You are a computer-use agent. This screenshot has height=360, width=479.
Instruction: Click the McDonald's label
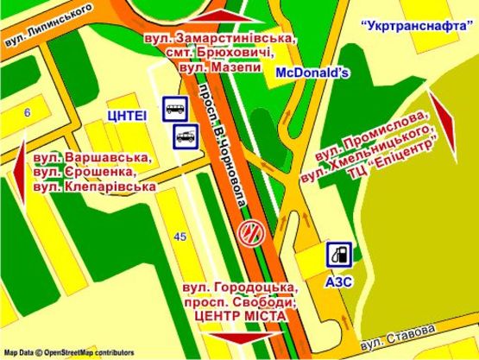[x=312, y=73]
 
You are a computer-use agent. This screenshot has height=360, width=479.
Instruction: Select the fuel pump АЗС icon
[x=339, y=255]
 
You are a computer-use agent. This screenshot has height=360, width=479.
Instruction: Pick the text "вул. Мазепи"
[x=228, y=67]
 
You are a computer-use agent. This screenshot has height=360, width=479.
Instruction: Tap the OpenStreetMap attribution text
[x=69, y=352]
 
